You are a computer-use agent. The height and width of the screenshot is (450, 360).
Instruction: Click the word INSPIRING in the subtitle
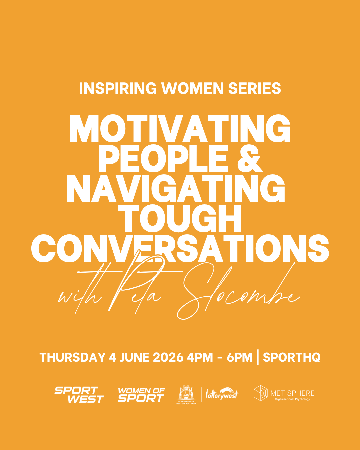[x=118, y=88]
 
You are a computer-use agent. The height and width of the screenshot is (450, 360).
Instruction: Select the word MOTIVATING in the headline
[x=180, y=128]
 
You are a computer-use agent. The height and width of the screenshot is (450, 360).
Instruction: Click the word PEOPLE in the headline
[x=163, y=158]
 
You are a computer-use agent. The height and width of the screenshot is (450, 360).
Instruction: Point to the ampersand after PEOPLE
[x=250, y=158]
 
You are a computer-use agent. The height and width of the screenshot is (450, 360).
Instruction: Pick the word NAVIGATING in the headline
[x=176, y=188]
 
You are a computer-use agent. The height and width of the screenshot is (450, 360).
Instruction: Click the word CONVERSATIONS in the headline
[x=180, y=248]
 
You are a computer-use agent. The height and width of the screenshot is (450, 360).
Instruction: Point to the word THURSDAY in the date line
[x=72, y=357]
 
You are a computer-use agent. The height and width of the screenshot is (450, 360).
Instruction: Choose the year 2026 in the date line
[x=168, y=357]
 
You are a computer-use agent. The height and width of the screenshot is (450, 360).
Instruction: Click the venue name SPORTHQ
[x=292, y=357]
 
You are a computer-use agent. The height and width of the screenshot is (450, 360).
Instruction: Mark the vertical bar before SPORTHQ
[x=258, y=357]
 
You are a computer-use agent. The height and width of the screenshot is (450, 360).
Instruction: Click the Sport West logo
[x=79, y=395]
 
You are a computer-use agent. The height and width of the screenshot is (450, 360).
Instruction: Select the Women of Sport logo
[x=141, y=395]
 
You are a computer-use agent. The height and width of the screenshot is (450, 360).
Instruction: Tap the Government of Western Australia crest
[x=186, y=395]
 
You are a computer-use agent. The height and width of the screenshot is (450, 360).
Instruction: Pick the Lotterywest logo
[x=222, y=394]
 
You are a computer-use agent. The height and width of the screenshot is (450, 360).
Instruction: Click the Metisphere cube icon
[x=260, y=393]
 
